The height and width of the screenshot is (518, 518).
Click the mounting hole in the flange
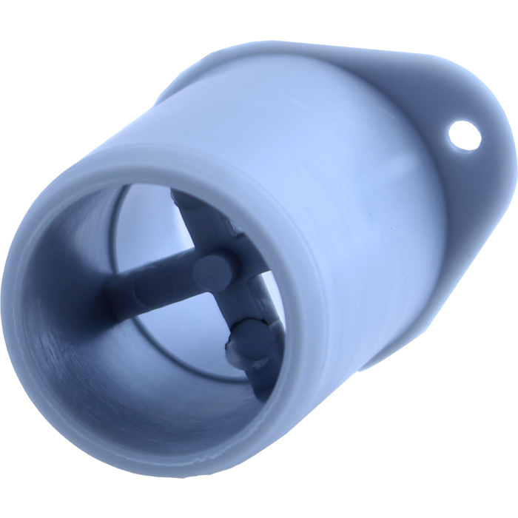coord(465,136)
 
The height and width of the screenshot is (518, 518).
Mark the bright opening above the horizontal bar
coord(148,229)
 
